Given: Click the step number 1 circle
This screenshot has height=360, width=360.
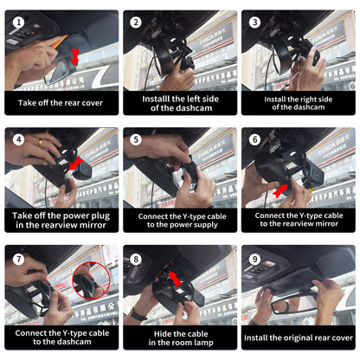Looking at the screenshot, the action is click(x=19, y=22).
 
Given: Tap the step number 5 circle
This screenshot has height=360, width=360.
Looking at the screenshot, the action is click(x=136, y=140).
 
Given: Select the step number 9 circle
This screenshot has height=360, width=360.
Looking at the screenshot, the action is click(x=254, y=259).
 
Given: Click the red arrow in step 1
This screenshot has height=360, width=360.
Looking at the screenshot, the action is click(x=75, y=57).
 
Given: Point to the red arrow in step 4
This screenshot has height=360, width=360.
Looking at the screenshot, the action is click(x=75, y=164).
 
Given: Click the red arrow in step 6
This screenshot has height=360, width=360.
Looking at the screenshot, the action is click(x=280, y=190).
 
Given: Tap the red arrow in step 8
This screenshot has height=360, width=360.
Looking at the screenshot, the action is click(x=175, y=279).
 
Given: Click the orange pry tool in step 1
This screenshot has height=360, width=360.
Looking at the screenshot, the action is click(x=60, y=42).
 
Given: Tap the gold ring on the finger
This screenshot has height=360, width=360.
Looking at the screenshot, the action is click(x=41, y=143).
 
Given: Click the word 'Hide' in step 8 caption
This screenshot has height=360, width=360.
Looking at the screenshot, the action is click(x=163, y=334).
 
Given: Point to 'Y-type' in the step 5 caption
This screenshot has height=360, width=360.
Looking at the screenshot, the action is click(x=193, y=216).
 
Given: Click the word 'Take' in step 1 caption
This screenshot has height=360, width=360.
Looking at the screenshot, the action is click(x=27, y=103).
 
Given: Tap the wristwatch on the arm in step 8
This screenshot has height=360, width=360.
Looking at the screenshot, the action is click(x=138, y=314).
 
